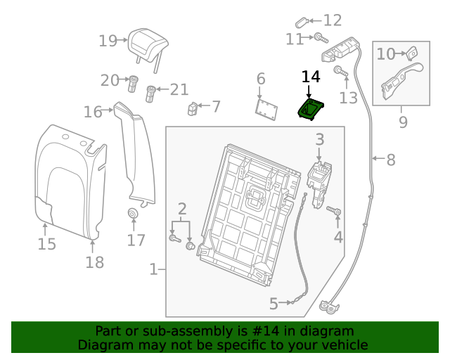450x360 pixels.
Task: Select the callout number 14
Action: (311, 77)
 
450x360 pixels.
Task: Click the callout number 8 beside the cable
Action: (390, 160)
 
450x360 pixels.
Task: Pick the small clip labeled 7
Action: (193, 108)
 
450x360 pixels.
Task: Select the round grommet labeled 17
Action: (132, 214)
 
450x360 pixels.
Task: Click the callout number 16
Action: (93, 111)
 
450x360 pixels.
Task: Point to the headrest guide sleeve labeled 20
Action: (132, 83)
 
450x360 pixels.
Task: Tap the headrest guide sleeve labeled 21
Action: (150, 93)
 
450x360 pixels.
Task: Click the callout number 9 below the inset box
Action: (403, 122)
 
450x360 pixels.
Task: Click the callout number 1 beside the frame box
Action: (153, 269)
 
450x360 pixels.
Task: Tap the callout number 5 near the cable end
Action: (274, 304)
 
